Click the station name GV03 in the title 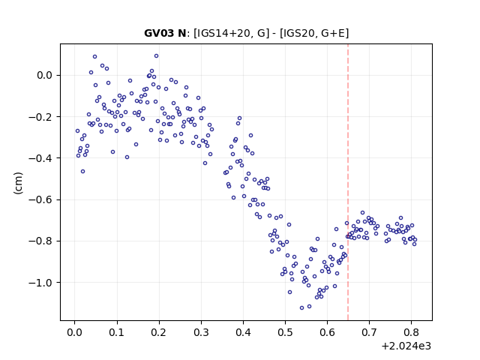coord(160,33)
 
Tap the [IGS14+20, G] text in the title coord(232,33)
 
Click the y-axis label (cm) coord(18,183)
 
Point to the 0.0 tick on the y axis coord(45,75)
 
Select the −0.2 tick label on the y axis coord(40,117)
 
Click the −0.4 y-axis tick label coord(40,158)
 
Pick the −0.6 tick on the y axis coord(40,199)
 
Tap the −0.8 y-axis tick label coord(40,241)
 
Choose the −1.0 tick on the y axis coord(40,282)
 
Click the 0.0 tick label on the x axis coord(74,332)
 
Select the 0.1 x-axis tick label coord(117,332)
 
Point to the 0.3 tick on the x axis coord(201,332)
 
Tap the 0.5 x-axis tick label coord(285,332)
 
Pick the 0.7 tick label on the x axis coord(370,332)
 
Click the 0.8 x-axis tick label coord(412,332)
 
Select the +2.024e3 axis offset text coord(406,346)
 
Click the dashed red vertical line coord(348,182)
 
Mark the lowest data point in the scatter coord(301,307)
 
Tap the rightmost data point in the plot coord(415,240)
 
